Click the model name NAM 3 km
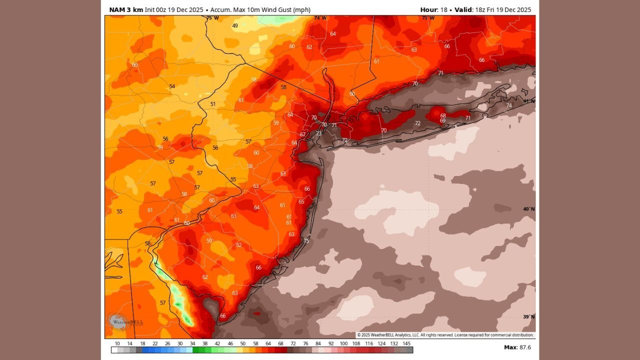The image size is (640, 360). click(x=126, y=9)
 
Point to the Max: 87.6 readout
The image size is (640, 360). click(x=517, y=347)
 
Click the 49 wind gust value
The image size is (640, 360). click(x=235, y=25)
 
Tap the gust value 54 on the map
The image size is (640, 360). click(x=172, y=86)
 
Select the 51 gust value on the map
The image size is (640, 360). click(x=213, y=104)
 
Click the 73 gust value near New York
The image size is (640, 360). click(x=318, y=133)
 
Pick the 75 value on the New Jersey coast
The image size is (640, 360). click(x=306, y=241)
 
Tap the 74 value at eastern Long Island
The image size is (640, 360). click(x=509, y=105)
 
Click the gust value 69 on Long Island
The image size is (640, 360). click(x=442, y=120)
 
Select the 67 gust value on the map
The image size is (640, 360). click(x=302, y=134)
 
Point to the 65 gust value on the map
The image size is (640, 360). click(x=301, y=201)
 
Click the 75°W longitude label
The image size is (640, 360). click(x=212, y=18)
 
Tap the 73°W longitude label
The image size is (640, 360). click(x=427, y=18)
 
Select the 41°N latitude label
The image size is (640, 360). click(x=528, y=101)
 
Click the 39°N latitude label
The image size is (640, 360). click(x=528, y=316)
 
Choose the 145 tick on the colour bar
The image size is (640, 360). click(x=407, y=343)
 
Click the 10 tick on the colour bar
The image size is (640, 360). click(x=117, y=343)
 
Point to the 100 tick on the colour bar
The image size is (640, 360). click(x=343, y=343)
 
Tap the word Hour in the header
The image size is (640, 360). click(x=428, y=9)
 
